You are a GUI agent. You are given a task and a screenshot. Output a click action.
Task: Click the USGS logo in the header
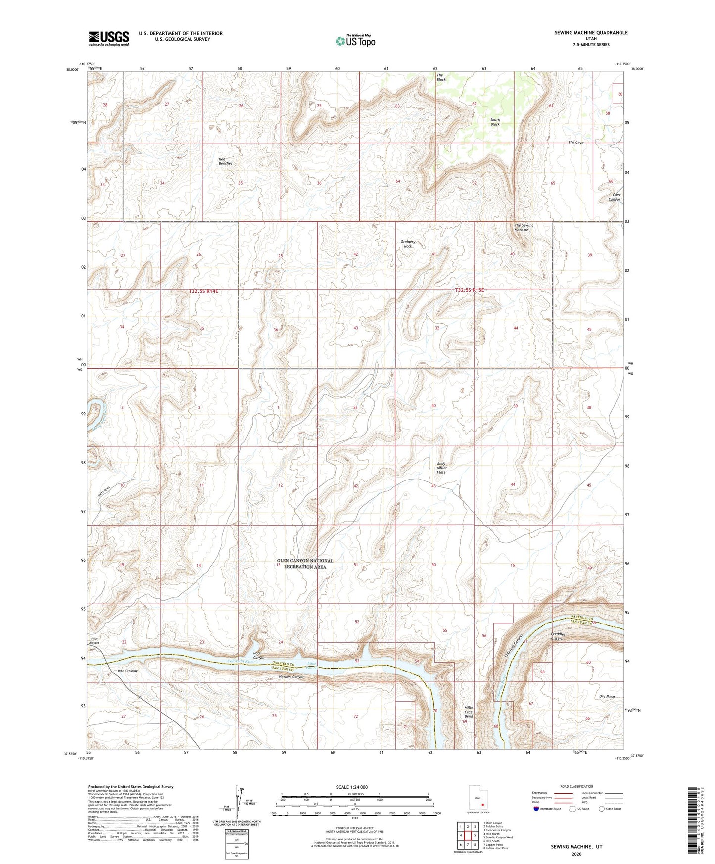109,38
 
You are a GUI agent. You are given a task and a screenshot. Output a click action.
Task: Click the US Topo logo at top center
355,41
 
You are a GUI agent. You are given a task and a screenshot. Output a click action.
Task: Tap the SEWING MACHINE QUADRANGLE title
591,33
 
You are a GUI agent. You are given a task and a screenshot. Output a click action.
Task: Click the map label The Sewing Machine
524,227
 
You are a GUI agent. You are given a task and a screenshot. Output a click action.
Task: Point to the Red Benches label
225,161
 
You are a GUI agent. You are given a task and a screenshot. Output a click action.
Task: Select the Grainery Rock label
408,244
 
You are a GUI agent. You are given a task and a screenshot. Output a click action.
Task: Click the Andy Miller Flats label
441,468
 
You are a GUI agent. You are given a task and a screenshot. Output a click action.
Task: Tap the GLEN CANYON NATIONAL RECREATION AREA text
305,564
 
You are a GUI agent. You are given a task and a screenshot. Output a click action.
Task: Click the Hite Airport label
95,641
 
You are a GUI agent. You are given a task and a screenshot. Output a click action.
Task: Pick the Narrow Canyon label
291,677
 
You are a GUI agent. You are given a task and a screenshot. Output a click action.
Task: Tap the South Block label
495,122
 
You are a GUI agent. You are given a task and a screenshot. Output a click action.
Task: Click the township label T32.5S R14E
203,292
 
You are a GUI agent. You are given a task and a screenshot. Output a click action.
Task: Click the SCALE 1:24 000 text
352,787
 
